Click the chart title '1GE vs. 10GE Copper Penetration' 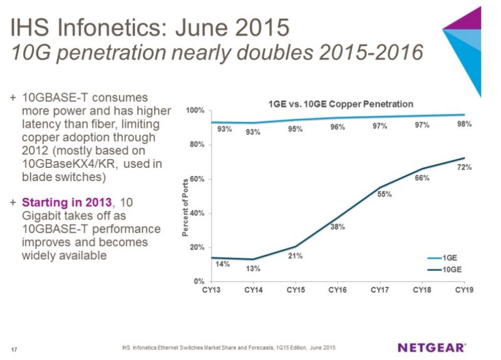[337, 103]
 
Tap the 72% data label [464, 168]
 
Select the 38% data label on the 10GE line [338, 227]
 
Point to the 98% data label [464, 124]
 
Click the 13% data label [254, 269]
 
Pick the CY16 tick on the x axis [338, 291]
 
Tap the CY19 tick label [464, 291]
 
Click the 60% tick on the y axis [196, 179]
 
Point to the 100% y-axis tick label [194, 111]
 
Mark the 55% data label [385, 194]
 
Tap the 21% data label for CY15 [296, 255]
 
